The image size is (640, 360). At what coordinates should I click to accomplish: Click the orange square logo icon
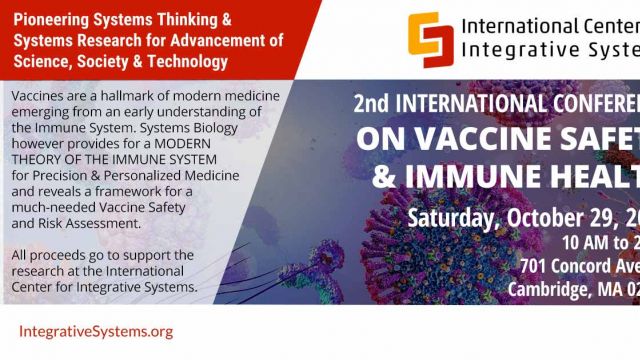[429, 34]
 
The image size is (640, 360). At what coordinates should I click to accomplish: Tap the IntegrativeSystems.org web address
[96, 331]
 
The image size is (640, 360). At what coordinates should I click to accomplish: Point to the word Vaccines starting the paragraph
[42, 96]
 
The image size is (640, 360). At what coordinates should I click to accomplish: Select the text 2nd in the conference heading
[371, 101]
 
